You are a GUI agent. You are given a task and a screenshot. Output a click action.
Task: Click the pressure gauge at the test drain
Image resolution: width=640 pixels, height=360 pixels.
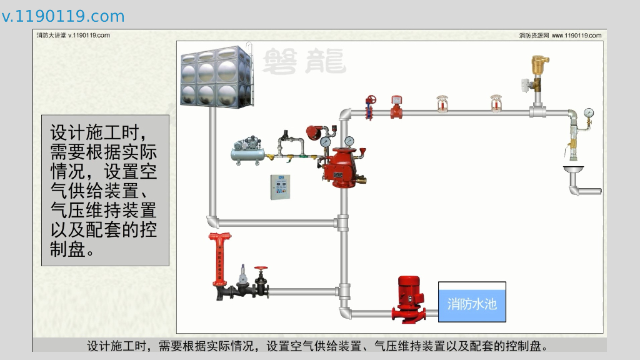[x=588, y=114]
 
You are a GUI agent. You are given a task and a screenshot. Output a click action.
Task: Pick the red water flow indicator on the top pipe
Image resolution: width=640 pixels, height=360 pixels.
[x=396, y=107]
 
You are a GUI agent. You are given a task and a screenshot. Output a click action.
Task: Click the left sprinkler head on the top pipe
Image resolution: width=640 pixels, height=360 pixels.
[x=442, y=105]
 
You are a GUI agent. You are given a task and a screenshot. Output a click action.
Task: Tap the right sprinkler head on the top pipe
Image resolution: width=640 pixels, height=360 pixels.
[x=496, y=105]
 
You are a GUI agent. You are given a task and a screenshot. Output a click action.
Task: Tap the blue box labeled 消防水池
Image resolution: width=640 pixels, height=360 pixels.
[x=472, y=302]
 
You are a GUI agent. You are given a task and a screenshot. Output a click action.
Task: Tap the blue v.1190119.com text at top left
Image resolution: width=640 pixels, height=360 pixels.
[x=63, y=16]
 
